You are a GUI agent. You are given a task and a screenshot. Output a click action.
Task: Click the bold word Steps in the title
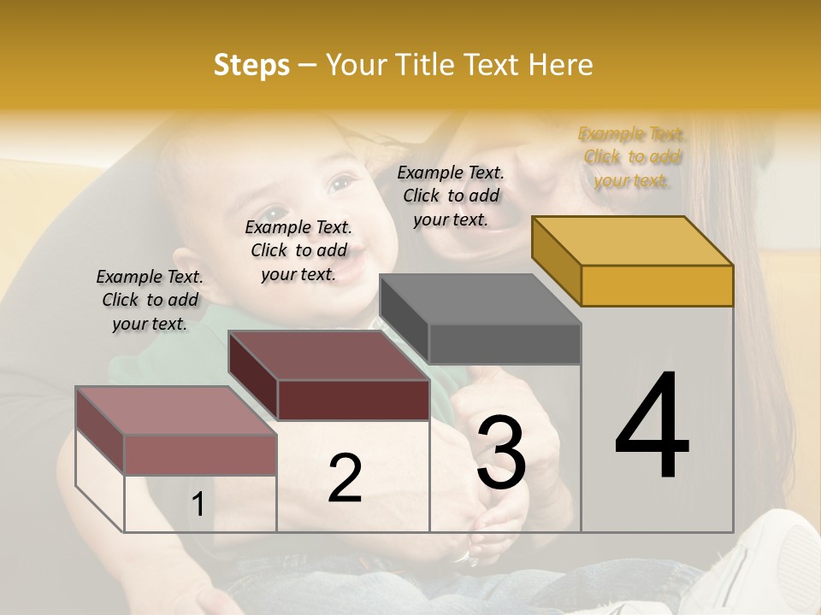click(x=251, y=65)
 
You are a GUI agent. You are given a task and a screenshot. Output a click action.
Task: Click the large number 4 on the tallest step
click(x=652, y=426)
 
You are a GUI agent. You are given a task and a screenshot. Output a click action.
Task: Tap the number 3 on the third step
click(x=501, y=452)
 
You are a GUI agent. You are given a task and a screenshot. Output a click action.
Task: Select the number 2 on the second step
click(x=345, y=478)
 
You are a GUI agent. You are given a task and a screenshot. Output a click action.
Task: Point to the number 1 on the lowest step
click(x=198, y=505)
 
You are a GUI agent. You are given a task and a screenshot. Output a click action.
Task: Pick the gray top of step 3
click(x=480, y=299)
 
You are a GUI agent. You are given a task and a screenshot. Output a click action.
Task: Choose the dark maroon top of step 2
click(x=328, y=354)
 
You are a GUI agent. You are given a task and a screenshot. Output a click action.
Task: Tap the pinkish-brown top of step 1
click(x=176, y=410)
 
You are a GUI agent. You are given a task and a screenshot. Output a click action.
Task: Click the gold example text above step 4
click(x=632, y=156)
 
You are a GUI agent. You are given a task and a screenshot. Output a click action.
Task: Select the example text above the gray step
click(x=451, y=196)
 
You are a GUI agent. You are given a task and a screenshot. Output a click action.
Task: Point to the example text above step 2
click(x=298, y=250)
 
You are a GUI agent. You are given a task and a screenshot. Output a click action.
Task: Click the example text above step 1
click(x=150, y=300)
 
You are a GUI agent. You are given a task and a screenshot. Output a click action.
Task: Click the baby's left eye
click(x=341, y=183)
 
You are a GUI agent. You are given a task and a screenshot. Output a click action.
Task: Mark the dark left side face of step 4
click(x=556, y=261)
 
